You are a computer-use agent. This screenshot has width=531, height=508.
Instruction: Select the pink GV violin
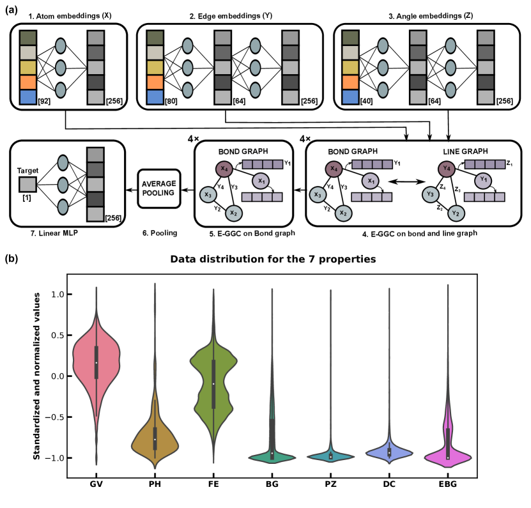96,364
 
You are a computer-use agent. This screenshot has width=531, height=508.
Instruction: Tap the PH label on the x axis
155,484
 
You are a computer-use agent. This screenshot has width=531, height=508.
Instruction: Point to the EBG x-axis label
448,484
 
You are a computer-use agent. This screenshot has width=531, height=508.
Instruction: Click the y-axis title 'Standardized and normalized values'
37,376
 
